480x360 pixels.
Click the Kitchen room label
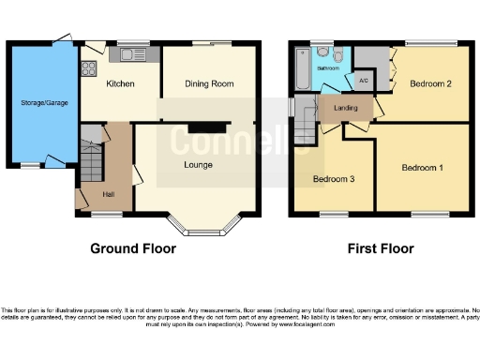click(119, 84)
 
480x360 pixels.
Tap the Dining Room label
click(208, 84)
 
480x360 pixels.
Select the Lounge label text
click(197, 165)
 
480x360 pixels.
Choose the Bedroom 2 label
click(430, 84)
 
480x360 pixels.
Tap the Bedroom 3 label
click(333, 179)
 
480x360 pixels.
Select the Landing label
click(346, 109)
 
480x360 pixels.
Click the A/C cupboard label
click(363, 80)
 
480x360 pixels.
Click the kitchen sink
click(125, 55)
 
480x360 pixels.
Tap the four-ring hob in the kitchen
click(90, 67)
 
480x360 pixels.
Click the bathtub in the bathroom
click(301, 67)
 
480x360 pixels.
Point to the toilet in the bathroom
click(322, 52)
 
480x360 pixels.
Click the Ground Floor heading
click(132, 248)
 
